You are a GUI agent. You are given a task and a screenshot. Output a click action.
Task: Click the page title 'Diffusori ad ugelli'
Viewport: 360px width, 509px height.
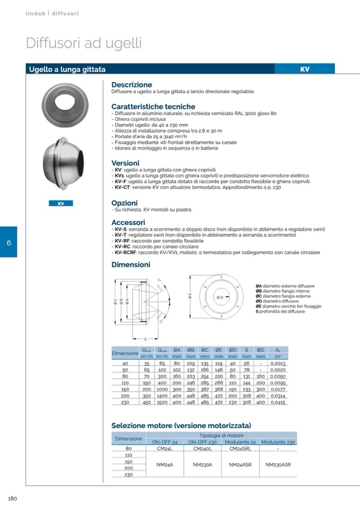click(x=84, y=44)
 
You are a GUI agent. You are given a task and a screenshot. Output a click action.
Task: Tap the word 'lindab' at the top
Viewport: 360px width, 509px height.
click(x=36, y=13)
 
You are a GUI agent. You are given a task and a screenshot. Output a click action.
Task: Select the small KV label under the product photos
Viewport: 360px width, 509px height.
click(x=60, y=203)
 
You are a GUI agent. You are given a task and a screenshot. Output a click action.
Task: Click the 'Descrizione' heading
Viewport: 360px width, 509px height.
click(x=132, y=84)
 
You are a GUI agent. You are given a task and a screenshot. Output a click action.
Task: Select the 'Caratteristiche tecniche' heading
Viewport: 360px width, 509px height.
click(x=153, y=106)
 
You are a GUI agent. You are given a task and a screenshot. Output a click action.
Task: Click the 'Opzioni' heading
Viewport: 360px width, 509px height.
click(x=124, y=203)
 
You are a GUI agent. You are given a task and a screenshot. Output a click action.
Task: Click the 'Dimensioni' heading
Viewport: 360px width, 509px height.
click(x=131, y=264)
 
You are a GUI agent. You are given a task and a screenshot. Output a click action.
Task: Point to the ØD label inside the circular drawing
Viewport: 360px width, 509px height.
click(x=219, y=297)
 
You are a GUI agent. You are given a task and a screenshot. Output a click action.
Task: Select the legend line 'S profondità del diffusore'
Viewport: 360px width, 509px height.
click(x=280, y=311)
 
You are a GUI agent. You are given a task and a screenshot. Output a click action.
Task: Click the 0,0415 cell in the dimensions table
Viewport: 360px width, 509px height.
click(x=278, y=403)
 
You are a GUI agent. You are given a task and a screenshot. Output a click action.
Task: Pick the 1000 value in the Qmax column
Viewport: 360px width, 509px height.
click(x=162, y=389)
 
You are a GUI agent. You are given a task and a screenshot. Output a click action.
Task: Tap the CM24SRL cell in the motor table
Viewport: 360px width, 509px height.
click(x=241, y=448)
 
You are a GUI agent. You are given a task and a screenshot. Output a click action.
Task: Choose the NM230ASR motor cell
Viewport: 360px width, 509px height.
click(x=278, y=464)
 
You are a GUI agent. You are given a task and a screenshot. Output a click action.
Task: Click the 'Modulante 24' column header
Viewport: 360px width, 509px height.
click(x=241, y=442)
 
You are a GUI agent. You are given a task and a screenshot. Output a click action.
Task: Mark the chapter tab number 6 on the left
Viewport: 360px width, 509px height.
click(x=9, y=243)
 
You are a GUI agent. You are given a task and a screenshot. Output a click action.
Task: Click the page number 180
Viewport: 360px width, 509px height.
click(x=13, y=498)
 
